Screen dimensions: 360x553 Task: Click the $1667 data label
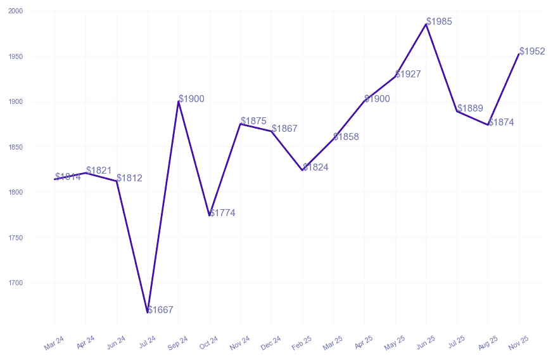point(160,310)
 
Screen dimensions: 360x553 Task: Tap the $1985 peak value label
point(439,22)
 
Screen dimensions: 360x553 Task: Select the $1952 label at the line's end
point(532,51)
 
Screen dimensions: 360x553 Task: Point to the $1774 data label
point(222,213)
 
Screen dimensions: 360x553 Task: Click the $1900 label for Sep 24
point(191,99)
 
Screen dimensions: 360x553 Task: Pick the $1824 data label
point(315,167)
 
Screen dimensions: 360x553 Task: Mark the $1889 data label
point(470,108)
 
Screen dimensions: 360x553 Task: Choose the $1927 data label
point(408,74)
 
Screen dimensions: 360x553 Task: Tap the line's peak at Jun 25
point(426,24)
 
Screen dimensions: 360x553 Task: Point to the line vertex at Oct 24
point(210,215)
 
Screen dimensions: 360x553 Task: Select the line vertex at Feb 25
point(303,170)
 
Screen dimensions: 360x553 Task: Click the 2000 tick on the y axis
point(16,11)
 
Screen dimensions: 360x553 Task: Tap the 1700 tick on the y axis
point(16,283)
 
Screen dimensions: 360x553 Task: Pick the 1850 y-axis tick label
point(16,147)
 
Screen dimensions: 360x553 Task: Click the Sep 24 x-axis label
point(178,343)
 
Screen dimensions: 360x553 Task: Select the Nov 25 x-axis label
point(519,343)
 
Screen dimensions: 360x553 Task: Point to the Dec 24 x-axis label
point(271,343)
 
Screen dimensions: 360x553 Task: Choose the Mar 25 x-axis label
point(333,343)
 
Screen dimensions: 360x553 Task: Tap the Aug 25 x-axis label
point(488,343)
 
